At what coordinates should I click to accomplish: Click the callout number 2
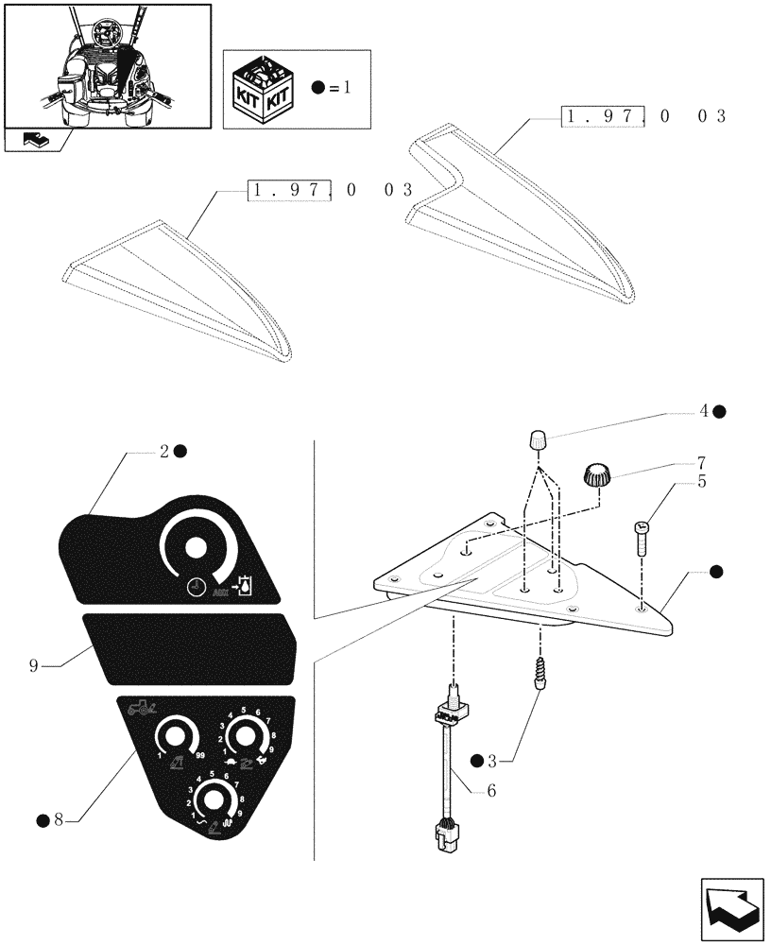(164, 452)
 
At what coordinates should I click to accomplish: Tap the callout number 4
(704, 411)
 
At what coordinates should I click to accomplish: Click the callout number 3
(505, 759)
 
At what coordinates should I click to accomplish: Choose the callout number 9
(34, 666)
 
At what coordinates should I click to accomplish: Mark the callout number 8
(58, 819)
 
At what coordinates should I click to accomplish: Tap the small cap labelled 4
(538, 440)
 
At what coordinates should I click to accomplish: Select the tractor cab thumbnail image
(106, 63)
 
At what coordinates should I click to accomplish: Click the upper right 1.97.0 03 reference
(643, 117)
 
